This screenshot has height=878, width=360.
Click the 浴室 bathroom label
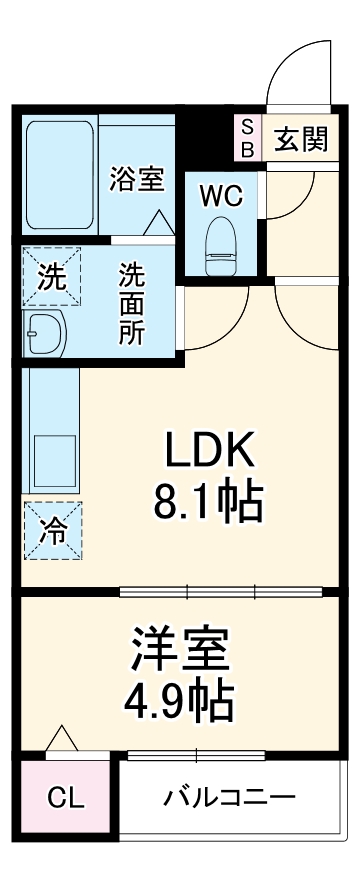tap(137, 180)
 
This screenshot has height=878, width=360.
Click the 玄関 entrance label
tap(300, 140)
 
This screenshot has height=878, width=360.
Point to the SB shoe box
tap(247, 138)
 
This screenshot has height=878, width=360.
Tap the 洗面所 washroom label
tap(132, 303)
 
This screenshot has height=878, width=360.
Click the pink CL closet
tap(66, 799)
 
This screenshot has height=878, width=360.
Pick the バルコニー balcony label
tap(230, 798)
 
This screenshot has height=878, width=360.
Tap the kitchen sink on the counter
tap(46, 458)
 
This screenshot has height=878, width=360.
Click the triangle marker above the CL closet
tap(62, 740)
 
